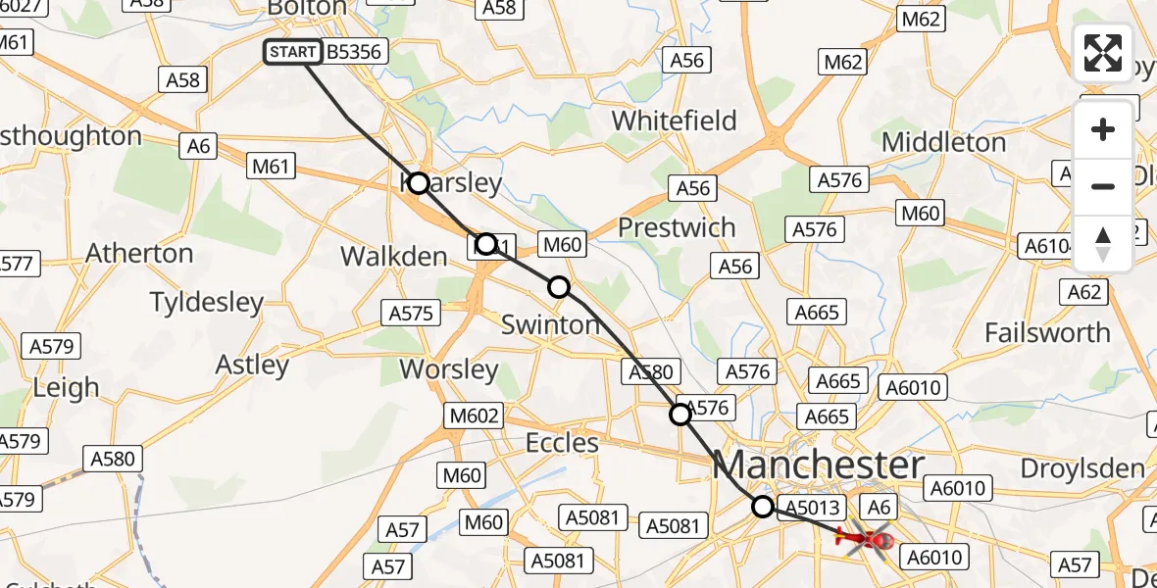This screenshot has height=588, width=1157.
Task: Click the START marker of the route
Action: coord(293,52)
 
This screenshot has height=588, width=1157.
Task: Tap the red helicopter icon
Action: coord(865,538)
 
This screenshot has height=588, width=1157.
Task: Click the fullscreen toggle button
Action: coord(1103,53)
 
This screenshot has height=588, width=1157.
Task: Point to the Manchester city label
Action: coord(819,465)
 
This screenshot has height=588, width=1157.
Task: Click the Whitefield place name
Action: coord(675,121)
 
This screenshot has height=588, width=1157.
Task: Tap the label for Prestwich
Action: coord(677,227)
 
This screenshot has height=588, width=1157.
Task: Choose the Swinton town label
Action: coord(550,324)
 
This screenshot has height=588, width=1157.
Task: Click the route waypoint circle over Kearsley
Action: coord(419,183)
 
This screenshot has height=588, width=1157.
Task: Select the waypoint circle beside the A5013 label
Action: coord(763,507)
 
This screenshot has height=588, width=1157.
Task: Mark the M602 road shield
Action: coord(474,416)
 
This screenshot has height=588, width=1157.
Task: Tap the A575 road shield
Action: coord(411,313)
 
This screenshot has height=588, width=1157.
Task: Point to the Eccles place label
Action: coord(562,443)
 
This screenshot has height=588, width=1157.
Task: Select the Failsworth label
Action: coord(1047,332)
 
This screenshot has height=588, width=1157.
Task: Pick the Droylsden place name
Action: coord(1082,468)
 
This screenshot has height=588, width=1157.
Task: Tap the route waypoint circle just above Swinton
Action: coord(559,287)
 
